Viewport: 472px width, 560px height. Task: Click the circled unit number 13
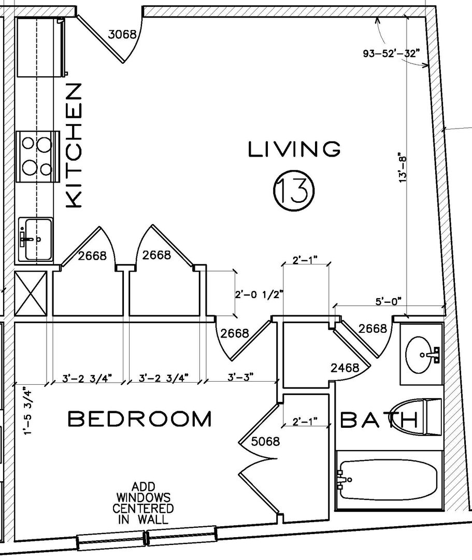click(294, 190)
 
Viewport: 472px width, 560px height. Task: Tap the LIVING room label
click(294, 149)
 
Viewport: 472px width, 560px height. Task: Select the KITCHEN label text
click(74, 145)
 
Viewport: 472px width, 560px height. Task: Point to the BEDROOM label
click(140, 419)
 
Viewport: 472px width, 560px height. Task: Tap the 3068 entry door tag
click(122, 34)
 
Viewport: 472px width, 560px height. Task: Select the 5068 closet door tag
click(265, 441)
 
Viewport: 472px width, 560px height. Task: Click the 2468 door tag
click(345, 368)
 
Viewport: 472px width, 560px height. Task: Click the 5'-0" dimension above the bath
click(389, 301)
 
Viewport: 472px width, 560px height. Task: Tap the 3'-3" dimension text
click(241, 377)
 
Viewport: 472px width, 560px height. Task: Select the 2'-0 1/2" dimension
click(259, 295)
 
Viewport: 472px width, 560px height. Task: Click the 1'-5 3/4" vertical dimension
click(28, 411)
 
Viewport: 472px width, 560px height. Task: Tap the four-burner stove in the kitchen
click(37, 157)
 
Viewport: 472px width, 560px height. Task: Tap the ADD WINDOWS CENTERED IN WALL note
click(143, 503)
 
